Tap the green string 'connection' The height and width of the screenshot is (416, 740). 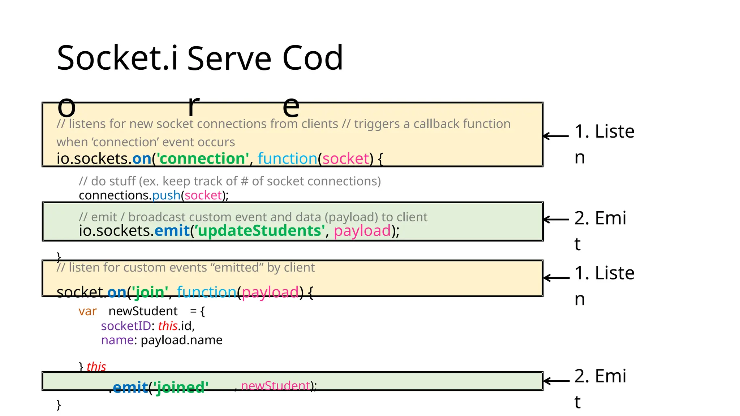(202, 159)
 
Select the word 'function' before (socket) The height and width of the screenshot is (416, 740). (287, 159)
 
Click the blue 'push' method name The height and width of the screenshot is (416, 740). (166, 195)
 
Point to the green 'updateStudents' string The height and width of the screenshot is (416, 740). (259, 231)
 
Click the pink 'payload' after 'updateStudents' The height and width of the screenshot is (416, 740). (362, 231)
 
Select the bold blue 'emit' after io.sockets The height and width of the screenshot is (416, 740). (172, 231)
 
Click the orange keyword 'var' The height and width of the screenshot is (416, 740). (87, 311)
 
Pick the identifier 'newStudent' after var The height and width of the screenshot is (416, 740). (143, 311)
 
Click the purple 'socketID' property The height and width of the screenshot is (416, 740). (126, 326)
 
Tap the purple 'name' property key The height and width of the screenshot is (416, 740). (117, 340)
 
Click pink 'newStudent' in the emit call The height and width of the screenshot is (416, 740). (275, 386)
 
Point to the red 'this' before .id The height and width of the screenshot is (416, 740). (168, 326)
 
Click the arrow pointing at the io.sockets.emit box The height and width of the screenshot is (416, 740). (556, 219)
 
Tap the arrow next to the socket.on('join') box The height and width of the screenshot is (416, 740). (556, 278)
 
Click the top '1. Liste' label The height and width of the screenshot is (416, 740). (604, 131)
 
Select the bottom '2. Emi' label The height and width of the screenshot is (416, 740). (600, 376)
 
